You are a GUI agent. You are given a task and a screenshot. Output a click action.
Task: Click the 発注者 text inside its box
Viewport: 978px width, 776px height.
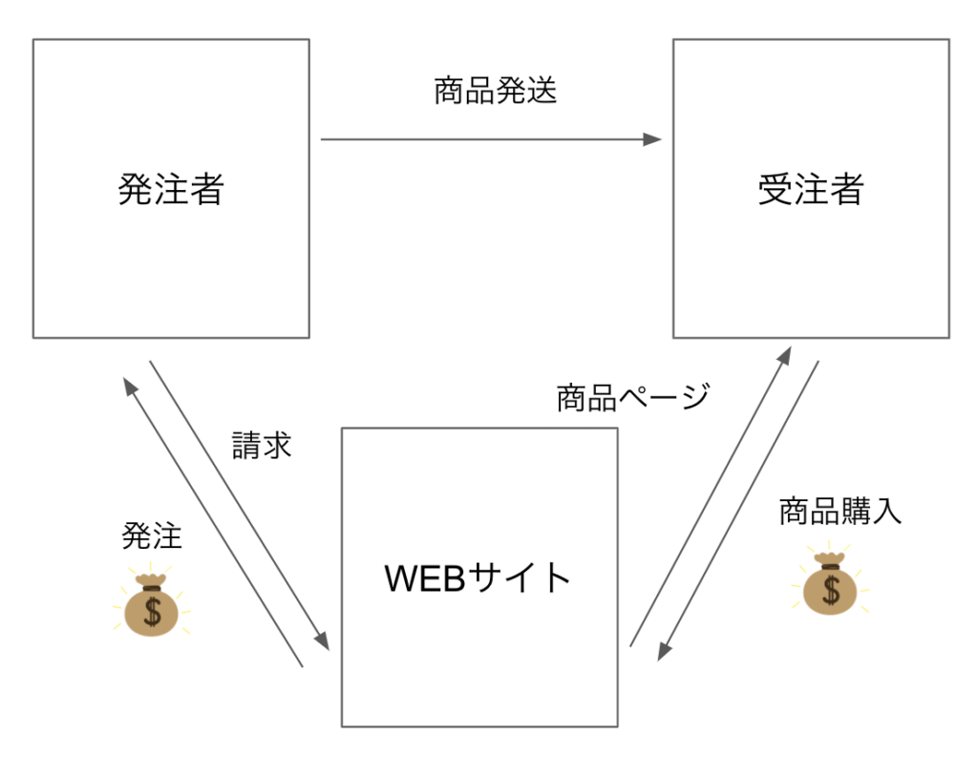click(x=171, y=189)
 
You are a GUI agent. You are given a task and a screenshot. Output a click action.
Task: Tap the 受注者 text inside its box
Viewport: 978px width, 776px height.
click(x=810, y=189)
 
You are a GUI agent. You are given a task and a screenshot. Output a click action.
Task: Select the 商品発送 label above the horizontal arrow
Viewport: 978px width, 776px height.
click(x=495, y=92)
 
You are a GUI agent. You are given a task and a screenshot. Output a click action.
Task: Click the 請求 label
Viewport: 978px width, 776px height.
click(x=262, y=446)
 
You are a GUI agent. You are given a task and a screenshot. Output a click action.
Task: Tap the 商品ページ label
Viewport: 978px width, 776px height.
click(x=632, y=397)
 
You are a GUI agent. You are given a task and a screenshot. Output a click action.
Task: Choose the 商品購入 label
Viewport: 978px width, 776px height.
click(x=840, y=512)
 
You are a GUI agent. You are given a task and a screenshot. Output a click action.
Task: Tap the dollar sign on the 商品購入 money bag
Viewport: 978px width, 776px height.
click(x=831, y=590)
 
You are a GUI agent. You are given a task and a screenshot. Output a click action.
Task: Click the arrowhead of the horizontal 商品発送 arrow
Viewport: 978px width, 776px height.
click(x=653, y=139)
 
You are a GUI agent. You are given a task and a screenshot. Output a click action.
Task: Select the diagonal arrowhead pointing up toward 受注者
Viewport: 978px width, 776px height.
click(x=784, y=355)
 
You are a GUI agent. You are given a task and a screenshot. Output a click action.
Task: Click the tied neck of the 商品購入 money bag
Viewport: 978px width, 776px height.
click(x=830, y=562)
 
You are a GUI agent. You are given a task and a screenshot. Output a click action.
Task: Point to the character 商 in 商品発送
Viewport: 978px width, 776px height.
click(x=449, y=92)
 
